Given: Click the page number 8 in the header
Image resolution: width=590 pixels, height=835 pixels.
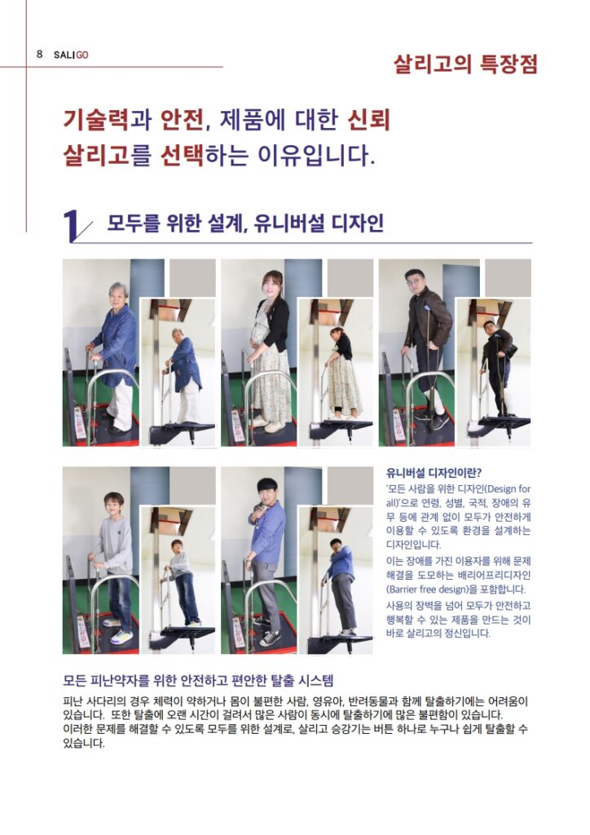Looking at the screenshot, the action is click(39, 55).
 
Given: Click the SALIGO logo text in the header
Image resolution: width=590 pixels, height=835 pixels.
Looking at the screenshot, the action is click(71, 55).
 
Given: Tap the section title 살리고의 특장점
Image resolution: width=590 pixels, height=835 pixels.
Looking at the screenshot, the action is click(465, 64).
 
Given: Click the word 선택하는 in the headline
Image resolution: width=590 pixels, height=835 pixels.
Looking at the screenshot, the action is click(204, 156).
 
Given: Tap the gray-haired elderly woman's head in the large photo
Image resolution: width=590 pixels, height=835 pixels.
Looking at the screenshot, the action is click(119, 294).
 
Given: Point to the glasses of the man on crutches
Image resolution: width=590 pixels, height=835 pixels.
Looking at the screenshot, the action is click(415, 281).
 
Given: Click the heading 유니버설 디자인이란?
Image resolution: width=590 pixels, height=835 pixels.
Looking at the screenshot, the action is click(434, 473).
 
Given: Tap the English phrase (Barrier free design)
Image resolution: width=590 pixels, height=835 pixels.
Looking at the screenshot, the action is click(456, 590).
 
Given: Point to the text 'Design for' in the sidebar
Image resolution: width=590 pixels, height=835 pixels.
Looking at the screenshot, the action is click(507, 489).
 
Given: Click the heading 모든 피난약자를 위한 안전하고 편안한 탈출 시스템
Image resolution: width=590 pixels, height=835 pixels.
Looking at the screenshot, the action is click(198, 680).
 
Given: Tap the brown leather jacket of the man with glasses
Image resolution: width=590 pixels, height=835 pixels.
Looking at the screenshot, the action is click(428, 319).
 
